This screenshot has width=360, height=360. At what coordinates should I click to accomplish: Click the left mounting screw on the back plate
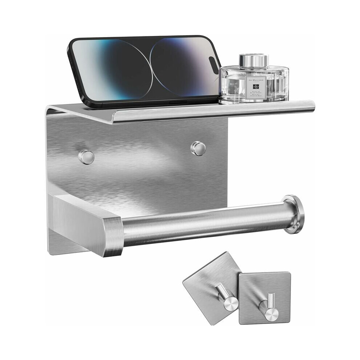pyautogui.click(x=86, y=157)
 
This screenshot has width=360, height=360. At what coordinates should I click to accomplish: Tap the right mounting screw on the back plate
pyautogui.click(x=198, y=148)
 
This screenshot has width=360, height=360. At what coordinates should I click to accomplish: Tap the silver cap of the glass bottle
pyautogui.click(x=253, y=60)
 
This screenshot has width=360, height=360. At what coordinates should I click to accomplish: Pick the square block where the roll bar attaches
pyautogui.click(x=87, y=224)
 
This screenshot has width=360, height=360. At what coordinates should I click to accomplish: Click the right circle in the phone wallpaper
pyautogui.click(x=182, y=67)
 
